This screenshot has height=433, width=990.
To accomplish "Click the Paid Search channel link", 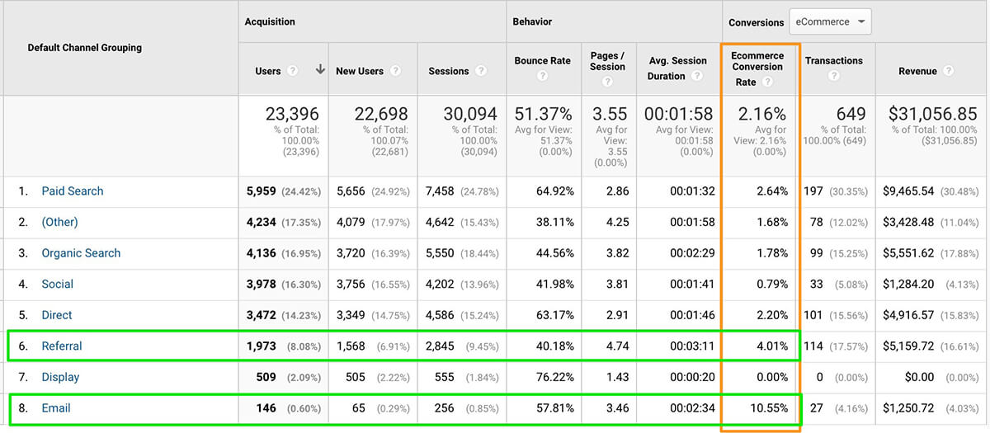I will (x=73, y=191).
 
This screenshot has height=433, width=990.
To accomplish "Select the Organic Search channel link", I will (x=81, y=253).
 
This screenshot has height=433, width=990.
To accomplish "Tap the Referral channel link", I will (x=62, y=346).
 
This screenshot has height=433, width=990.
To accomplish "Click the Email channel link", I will (x=57, y=408).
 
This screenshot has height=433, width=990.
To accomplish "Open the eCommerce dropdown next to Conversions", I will (x=830, y=22).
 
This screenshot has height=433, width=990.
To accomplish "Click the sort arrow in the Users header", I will (x=320, y=71).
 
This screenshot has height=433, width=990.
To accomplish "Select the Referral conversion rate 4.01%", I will (x=771, y=346).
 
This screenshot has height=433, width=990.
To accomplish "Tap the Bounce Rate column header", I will (x=542, y=61).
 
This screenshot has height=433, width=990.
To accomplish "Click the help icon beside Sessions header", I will (x=481, y=72).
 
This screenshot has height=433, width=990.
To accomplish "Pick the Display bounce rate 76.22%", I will (x=553, y=377).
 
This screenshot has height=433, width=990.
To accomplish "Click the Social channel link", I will (x=58, y=285).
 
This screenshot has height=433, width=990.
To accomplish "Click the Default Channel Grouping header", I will (x=85, y=48).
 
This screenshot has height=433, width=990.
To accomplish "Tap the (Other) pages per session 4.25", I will (x=614, y=223).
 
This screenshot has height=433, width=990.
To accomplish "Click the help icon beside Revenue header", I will (x=948, y=72).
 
